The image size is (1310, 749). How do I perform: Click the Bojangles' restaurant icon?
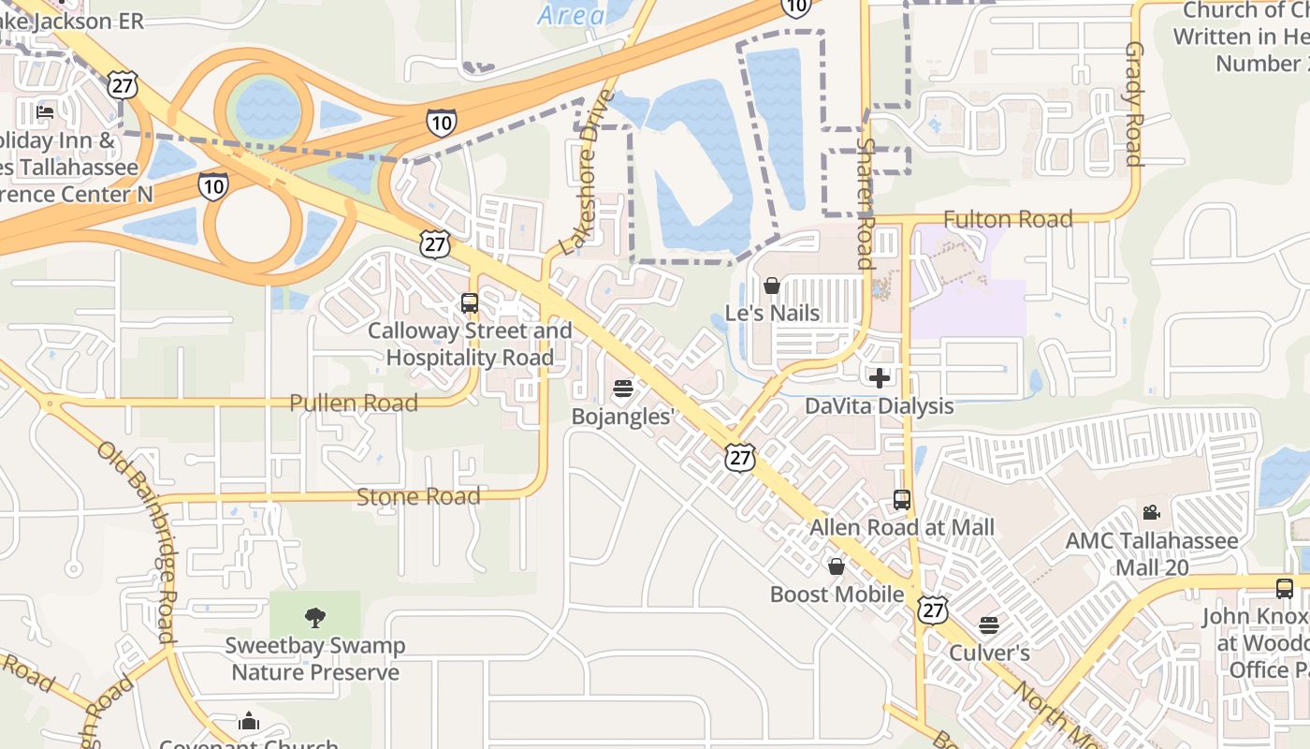coord(623,389)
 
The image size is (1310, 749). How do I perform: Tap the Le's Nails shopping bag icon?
coord(772,286)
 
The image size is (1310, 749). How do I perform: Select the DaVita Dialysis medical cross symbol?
coord(880,378)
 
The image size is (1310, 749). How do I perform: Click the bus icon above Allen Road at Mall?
coord(902,500)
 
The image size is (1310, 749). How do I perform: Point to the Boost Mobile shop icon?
coord(837,566)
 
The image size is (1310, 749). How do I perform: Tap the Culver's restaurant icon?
coord(989,625)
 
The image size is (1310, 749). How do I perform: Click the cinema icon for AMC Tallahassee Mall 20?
coord(1151,513)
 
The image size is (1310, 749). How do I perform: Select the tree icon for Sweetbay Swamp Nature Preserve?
coord(315,617)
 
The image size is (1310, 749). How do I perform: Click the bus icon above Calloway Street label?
coord(470,303)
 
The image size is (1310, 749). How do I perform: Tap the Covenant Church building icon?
coord(248,721)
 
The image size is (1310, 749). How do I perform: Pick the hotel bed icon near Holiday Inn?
coord(44,112)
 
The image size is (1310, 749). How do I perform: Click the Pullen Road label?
coord(353,404)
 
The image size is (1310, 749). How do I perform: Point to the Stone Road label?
coord(418,496)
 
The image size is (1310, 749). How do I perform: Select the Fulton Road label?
coord(1008,219)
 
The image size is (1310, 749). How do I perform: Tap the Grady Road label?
coord(1134,103)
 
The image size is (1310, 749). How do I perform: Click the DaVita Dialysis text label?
coord(880,406)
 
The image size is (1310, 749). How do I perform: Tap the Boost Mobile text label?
coord(837,595)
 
